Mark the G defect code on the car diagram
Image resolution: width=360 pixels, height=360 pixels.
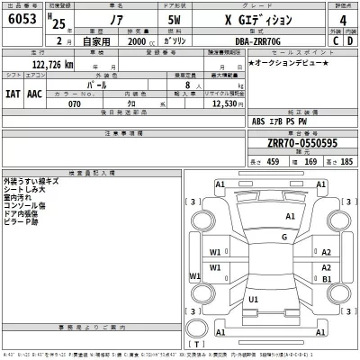(284, 237)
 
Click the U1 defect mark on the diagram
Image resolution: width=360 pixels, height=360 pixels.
(254, 299)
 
